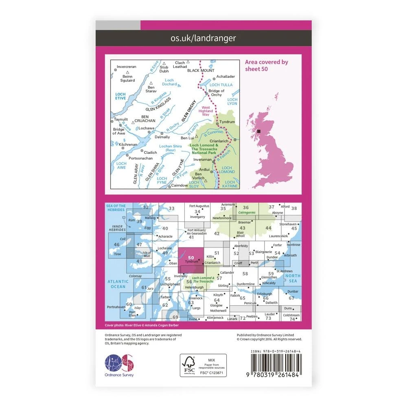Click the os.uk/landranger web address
(203, 38)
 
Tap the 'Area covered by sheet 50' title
(266, 65)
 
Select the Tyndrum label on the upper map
(227, 122)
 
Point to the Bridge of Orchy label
(216, 93)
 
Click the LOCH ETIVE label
(120, 96)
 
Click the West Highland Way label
(206, 111)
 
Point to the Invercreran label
(126, 66)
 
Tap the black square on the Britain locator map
(258, 131)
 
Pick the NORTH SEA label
(293, 278)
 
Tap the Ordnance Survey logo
(119, 363)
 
